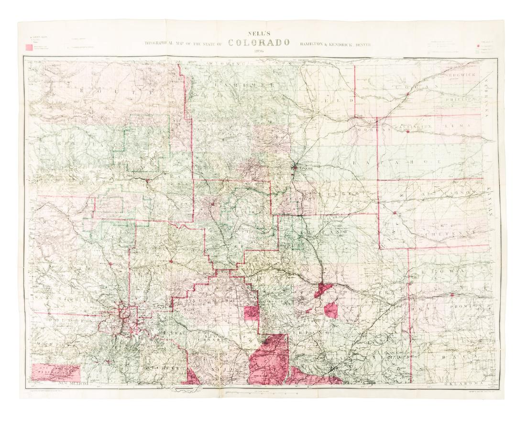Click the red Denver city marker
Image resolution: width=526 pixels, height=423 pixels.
[x=296, y=167]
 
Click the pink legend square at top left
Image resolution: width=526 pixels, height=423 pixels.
[x=29, y=47]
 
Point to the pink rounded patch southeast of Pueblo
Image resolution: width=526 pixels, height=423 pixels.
[x=330, y=310]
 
